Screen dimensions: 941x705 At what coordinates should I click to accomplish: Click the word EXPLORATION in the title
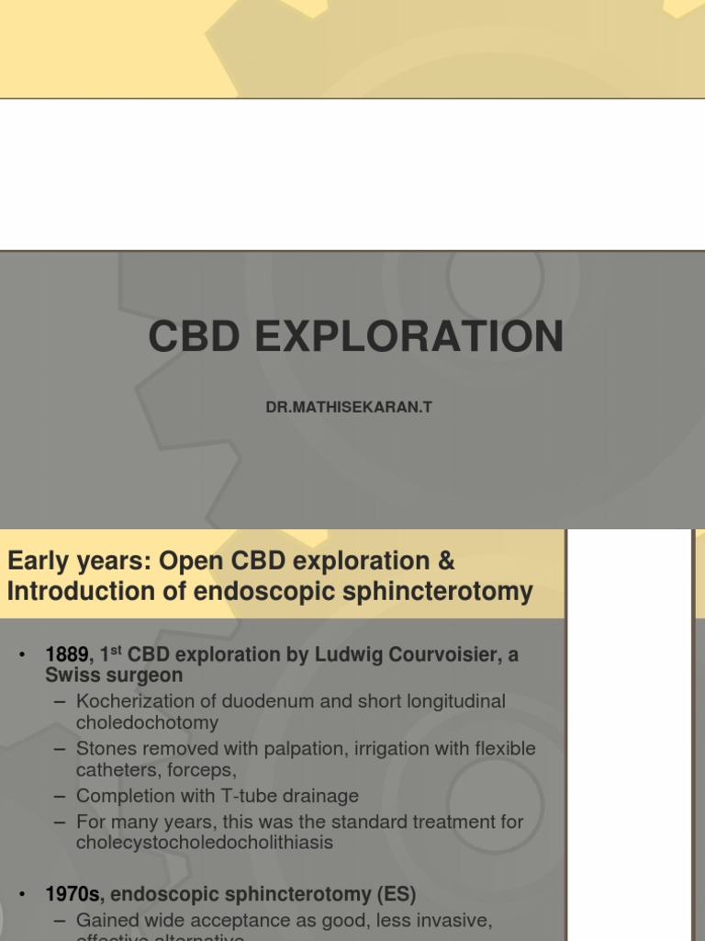409,337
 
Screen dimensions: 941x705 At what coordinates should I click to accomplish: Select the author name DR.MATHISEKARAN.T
349,406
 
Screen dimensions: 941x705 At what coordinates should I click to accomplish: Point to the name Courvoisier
442,655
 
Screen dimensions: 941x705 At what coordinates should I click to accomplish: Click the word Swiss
74,675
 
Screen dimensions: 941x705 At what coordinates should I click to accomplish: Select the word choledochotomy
147,723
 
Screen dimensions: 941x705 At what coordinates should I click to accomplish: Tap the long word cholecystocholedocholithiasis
204,842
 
